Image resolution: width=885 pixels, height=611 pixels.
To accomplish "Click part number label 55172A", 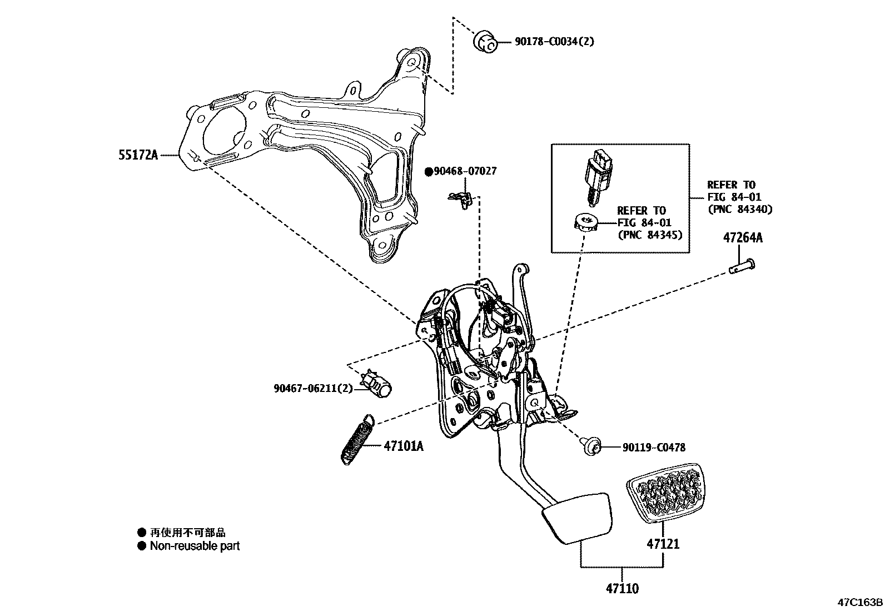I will pos(138,155).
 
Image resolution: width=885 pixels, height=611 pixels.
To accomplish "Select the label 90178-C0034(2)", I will pos(546,41).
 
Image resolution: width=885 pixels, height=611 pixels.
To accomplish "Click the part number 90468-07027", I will pos(465,171).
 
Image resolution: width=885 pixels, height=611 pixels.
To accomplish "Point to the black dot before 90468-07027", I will pos(429,172).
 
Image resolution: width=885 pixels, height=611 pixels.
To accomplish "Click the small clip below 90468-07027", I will pos(460,198).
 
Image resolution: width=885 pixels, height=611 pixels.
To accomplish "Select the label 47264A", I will pos(743,238).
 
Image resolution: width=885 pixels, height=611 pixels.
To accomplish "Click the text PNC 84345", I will pos(650,235).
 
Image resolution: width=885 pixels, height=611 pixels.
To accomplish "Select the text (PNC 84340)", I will pos(739,210).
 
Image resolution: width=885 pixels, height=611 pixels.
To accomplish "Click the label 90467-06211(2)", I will pos(313,389).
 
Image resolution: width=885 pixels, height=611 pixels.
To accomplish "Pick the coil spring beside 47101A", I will pos(356,439).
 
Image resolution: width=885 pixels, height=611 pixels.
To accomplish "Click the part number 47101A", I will pos(403,446).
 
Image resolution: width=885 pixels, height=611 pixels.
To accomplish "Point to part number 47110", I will pos(622,588).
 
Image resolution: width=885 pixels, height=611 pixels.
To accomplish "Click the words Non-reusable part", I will pos(195,546).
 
